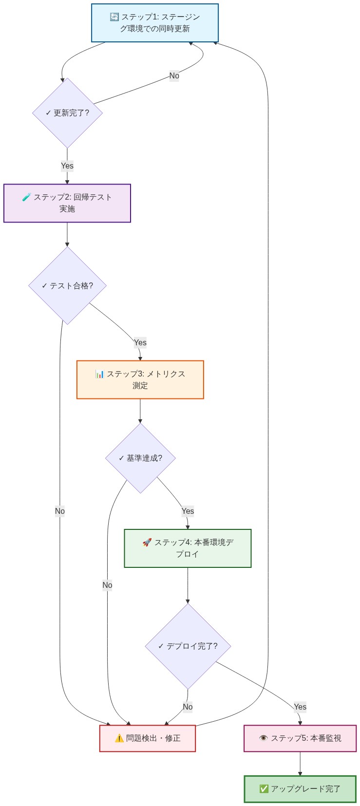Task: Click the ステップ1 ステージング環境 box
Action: [x=154, y=23]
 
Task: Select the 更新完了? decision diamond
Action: [x=67, y=112]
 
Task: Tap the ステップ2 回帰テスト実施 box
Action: [x=67, y=203]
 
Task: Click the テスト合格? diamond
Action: [x=67, y=286]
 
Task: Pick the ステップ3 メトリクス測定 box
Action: [x=140, y=380]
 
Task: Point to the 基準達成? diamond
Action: [x=140, y=458]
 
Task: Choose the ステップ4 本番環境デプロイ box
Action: [x=188, y=548]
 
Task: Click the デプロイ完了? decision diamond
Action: [x=188, y=646]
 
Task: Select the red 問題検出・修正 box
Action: [x=148, y=738]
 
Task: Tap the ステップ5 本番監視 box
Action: [x=300, y=738]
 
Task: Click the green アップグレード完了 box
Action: [x=300, y=789]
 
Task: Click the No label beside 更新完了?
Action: [x=174, y=75]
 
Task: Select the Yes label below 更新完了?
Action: [x=67, y=166]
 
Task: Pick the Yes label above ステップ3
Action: [x=140, y=342]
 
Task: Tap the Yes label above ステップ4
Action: [x=188, y=511]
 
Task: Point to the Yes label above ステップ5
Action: [x=300, y=707]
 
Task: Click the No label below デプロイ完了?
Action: [x=188, y=707]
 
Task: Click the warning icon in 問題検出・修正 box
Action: [x=119, y=738]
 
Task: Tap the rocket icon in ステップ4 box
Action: [x=147, y=543]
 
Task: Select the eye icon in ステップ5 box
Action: [x=264, y=738]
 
